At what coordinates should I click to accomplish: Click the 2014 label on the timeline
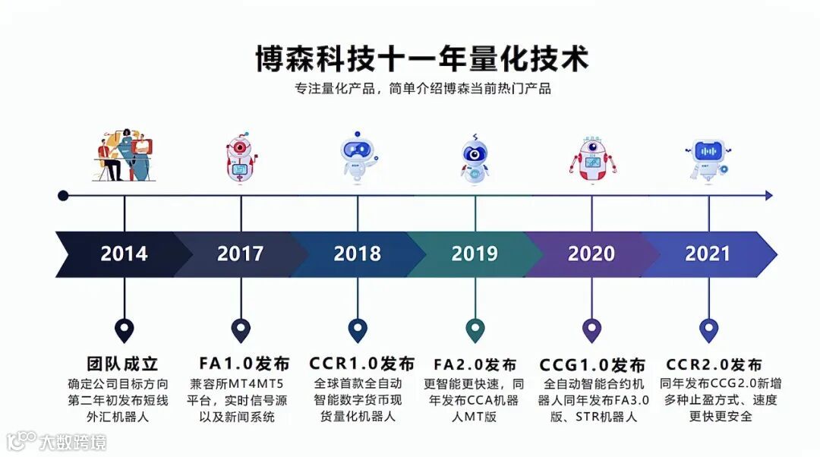(125, 254)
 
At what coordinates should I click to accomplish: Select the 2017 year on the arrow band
(241, 254)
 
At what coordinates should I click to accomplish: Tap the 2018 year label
(357, 254)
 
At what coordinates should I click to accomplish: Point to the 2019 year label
(475, 254)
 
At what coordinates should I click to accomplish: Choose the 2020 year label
(591, 254)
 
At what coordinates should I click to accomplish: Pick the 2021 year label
(708, 254)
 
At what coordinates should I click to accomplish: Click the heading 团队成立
(123, 364)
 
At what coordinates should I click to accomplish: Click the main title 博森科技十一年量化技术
(422, 59)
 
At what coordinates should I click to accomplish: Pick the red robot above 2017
(241, 159)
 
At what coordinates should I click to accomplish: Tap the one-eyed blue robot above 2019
(475, 159)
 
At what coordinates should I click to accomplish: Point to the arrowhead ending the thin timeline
(769, 196)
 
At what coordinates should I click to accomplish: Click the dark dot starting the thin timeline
(63, 196)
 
